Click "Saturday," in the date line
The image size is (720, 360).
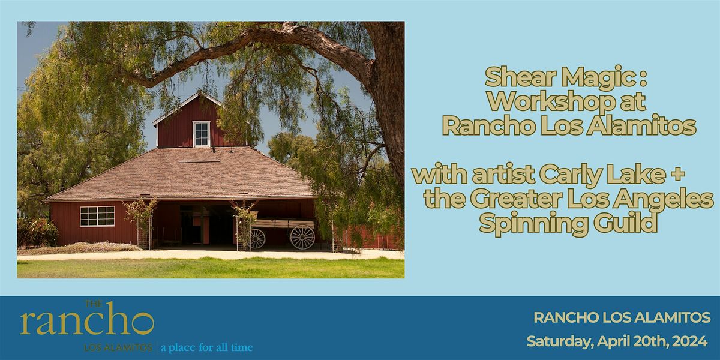557,341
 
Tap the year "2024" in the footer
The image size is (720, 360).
689,341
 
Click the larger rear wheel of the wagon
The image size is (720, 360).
302,237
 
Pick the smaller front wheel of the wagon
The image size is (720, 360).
256,238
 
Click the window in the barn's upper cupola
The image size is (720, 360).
201,133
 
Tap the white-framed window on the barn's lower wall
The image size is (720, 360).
97,216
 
